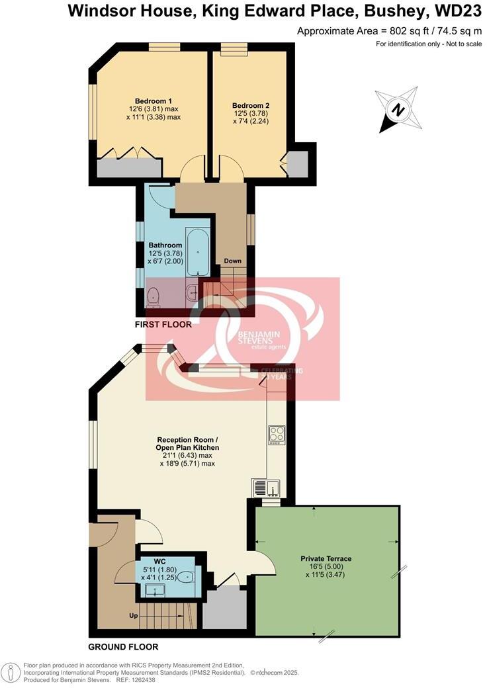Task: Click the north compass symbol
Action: pos(397,110)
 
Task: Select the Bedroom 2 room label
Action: pos(251,105)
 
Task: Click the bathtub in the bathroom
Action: pos(198,252)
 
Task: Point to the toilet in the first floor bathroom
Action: pos(154,297)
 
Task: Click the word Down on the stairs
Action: pos(232,261)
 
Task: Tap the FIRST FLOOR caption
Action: pos(163,325)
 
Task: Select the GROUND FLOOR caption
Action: pos(123,646)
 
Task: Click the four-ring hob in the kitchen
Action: pos(277,434)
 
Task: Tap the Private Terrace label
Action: pos(326,559)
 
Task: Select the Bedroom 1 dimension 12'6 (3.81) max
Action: pos(154,109)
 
